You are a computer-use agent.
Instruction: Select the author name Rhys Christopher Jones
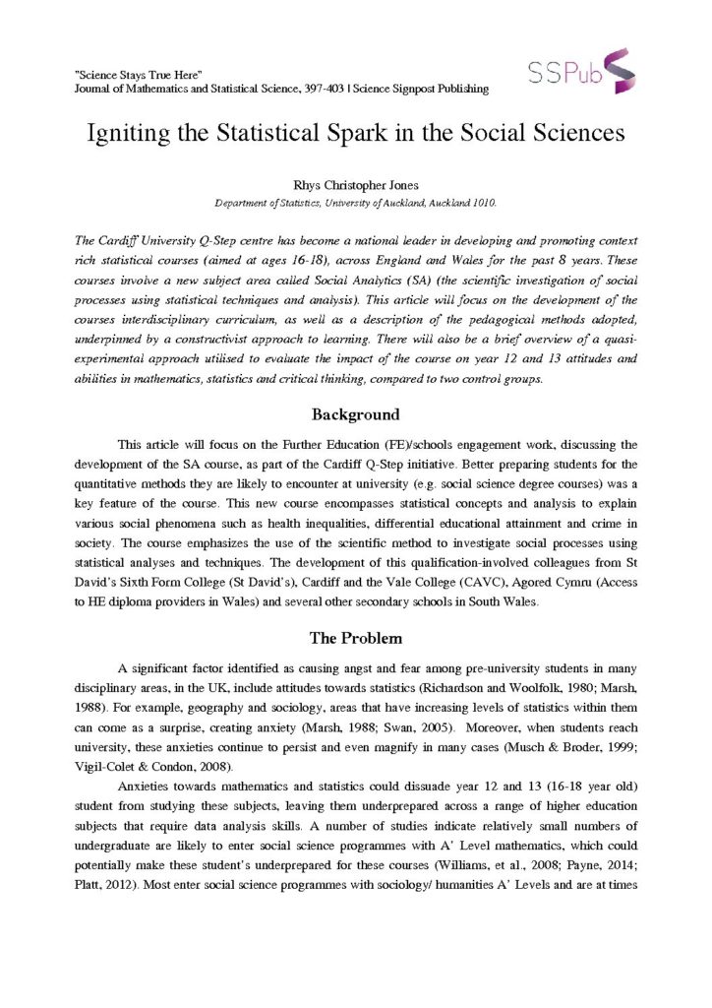tap(356, 184)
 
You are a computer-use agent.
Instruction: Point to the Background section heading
tap(355, 414)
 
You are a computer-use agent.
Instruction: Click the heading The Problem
tap(356, 636)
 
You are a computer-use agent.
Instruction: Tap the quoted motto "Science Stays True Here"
tap(139, 75)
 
